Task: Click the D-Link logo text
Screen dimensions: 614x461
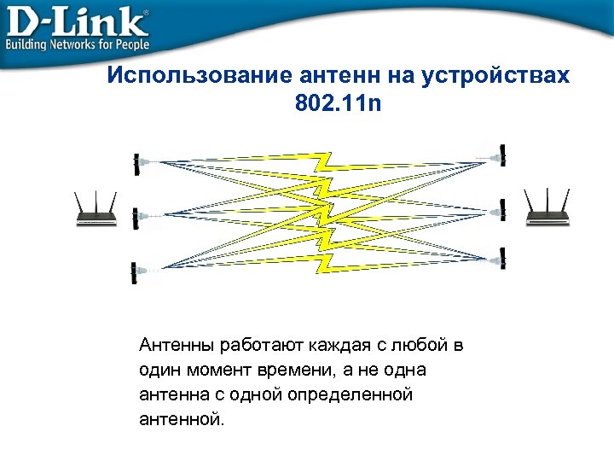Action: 77,20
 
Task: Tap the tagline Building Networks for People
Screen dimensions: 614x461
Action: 78,44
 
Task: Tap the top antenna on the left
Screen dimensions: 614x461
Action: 136,162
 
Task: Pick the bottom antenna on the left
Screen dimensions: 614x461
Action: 134,272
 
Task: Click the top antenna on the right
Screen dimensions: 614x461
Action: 503,155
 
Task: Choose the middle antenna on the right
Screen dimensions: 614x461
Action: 503,207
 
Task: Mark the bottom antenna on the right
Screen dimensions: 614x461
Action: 503,255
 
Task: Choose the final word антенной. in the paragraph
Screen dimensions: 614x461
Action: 179,420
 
